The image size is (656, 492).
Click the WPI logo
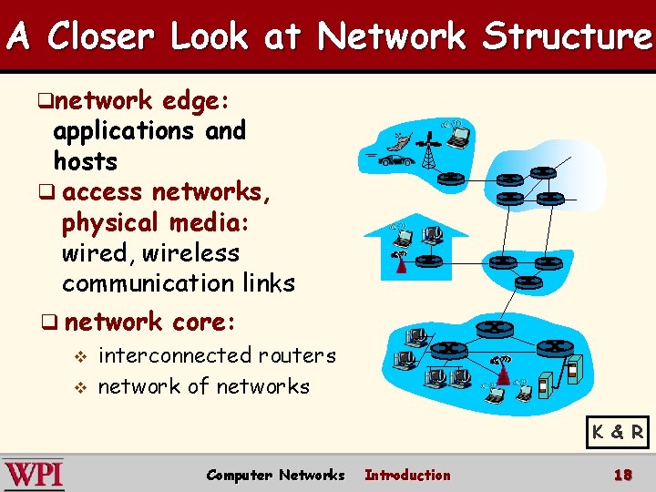[x=34, y=475]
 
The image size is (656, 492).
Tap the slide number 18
[x=623, y=475]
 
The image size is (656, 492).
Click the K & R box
[x=618, y=432]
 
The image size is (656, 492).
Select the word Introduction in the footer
[x=407, y=475]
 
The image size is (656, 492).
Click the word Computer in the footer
[x=239, y=475]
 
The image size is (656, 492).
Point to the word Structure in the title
[x=567, y=36]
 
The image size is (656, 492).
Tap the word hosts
[x=86, y=162]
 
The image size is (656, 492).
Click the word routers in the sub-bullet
[x=297, y=355]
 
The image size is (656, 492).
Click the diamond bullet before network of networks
[x=80, y=387]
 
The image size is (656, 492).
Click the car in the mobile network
[x=395, y=160]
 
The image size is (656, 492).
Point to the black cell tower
[x=426, y=151]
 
